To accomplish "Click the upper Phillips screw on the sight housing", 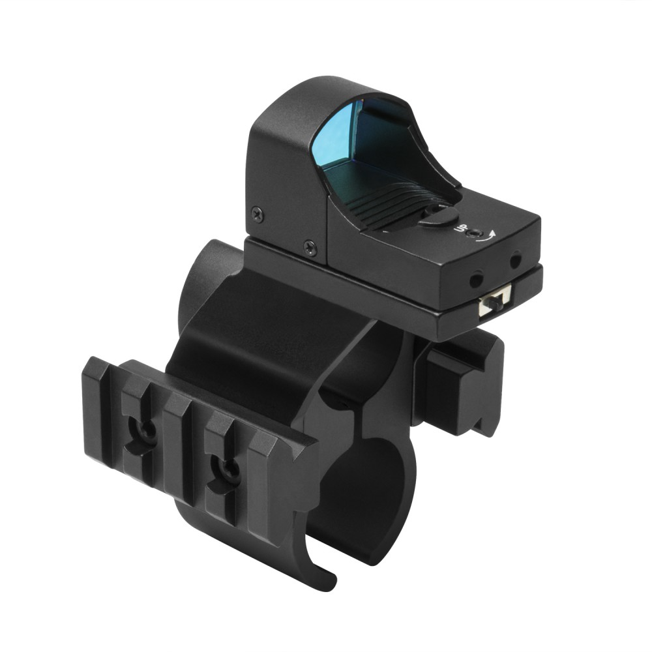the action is coord(258,215).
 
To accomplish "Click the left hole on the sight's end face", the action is coord(476,279).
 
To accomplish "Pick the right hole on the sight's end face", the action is coord(515,260).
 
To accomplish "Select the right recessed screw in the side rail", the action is coord(226,469).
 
